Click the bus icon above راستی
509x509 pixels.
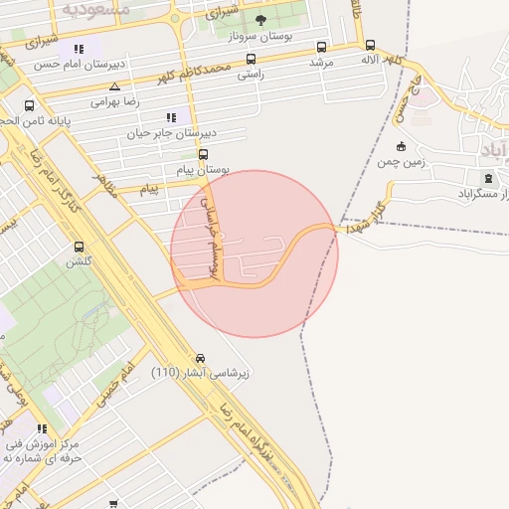pyautogui.click(x=251, y=59)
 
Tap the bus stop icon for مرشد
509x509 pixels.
pyautogui.click(x=321, y=46)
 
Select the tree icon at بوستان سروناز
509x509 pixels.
pyautogui.click(x=260, y=20)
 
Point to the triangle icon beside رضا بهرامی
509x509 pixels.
pyautogui.click(x=115, y=86)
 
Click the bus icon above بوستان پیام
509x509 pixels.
pyautogui.click(x=203, y=154)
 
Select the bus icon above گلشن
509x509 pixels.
pyautogui.click(x=79, y=248)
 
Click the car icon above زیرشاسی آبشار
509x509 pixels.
pyautogui.click(x=201, y=358)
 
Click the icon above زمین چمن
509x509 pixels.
pyautogui.click(x=401, y=147)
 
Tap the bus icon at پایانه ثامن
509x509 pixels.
pyautogui.click(x=29, y=105)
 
